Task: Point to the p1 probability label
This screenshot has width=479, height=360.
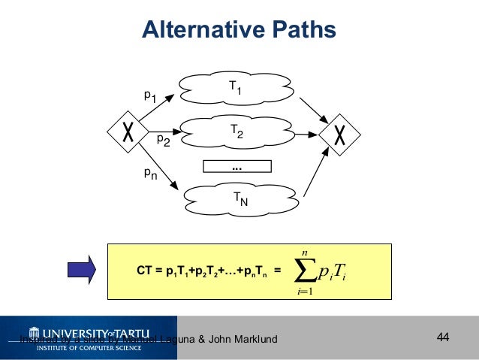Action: tap(151, 95)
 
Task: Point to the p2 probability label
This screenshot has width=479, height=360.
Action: tap(163, 140)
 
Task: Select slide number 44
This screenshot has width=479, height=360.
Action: tap(442, 337)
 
